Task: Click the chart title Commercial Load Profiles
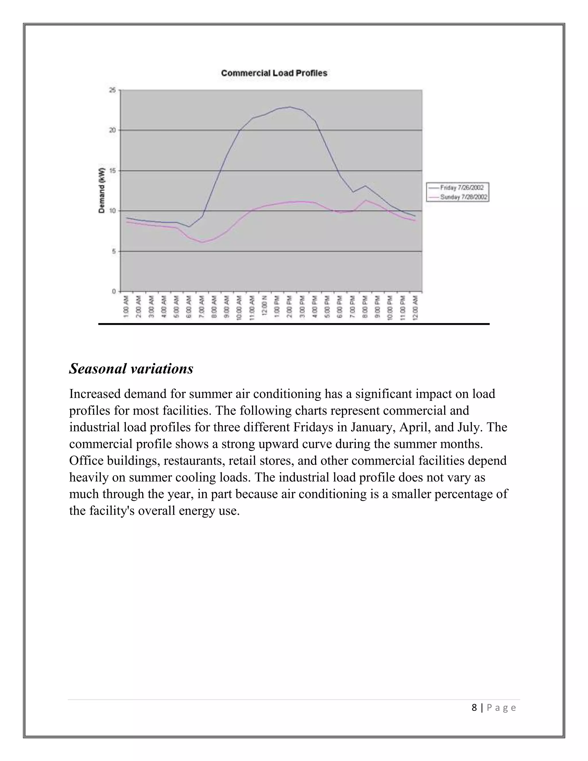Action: click(274, 73)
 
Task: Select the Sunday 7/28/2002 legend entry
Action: click(463, 197)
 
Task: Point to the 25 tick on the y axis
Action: click(112, 90)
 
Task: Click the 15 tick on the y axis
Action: click(112, 171)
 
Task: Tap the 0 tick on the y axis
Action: click(114, 291)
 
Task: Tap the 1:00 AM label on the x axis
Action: click(126, 307)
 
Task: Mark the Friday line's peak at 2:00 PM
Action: click(289, 107)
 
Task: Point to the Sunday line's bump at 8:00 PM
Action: click(365, 200)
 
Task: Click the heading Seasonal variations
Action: click(131, 369)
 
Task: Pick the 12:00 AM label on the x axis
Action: click(415, 307)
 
